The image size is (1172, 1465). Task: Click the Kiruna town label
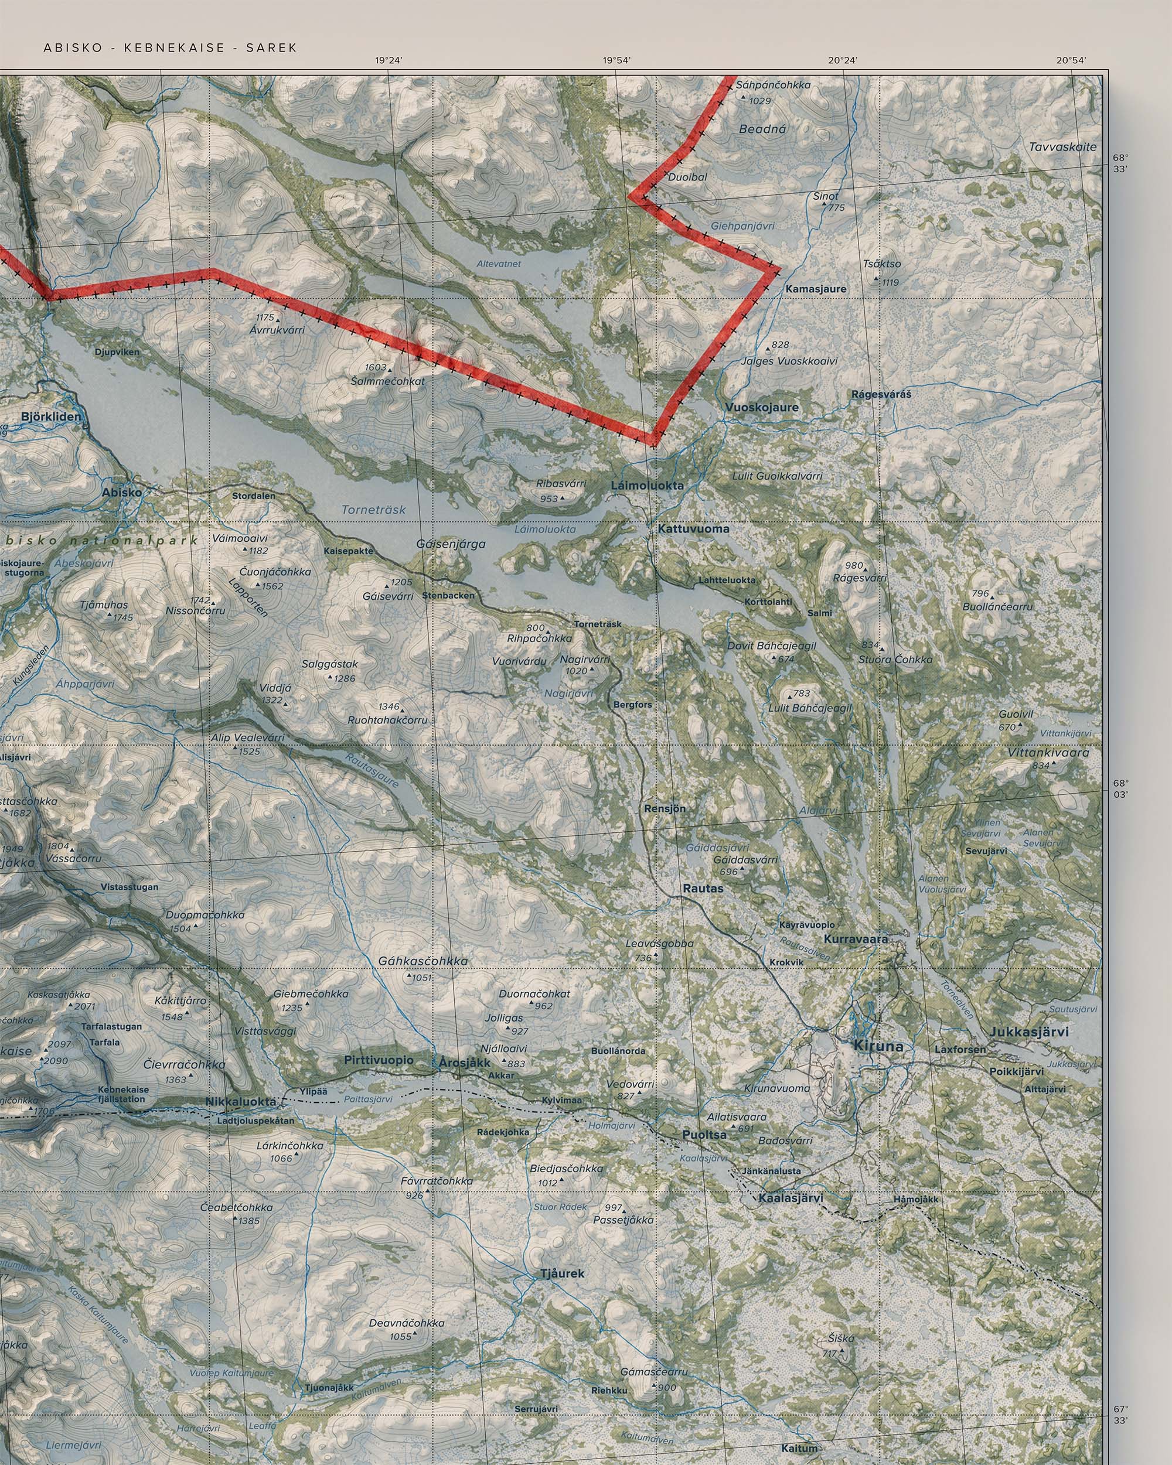pos(878,1046)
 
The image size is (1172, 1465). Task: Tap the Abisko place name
pos(122,493)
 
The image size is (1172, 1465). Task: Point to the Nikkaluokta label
pos(241,1101)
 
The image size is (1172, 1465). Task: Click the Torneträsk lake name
pos(373,509)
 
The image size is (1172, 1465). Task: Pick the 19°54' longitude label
pos(616,60)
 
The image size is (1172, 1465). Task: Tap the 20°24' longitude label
pos(843,60)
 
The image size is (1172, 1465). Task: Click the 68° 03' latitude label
pos(1121,788)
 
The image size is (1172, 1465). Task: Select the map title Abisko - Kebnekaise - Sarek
pos(170,47)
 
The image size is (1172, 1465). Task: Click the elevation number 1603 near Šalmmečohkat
pos(375,367)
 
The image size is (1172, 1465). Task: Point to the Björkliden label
pos(51,416)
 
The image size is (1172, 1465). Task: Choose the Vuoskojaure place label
pos(761,407)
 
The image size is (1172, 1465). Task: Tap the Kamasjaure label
pos(816,289)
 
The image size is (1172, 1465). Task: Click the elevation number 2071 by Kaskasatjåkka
pos(84,1006)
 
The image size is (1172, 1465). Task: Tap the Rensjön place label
pos(665,808)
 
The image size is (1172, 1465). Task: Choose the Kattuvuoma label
pos(693,528)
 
